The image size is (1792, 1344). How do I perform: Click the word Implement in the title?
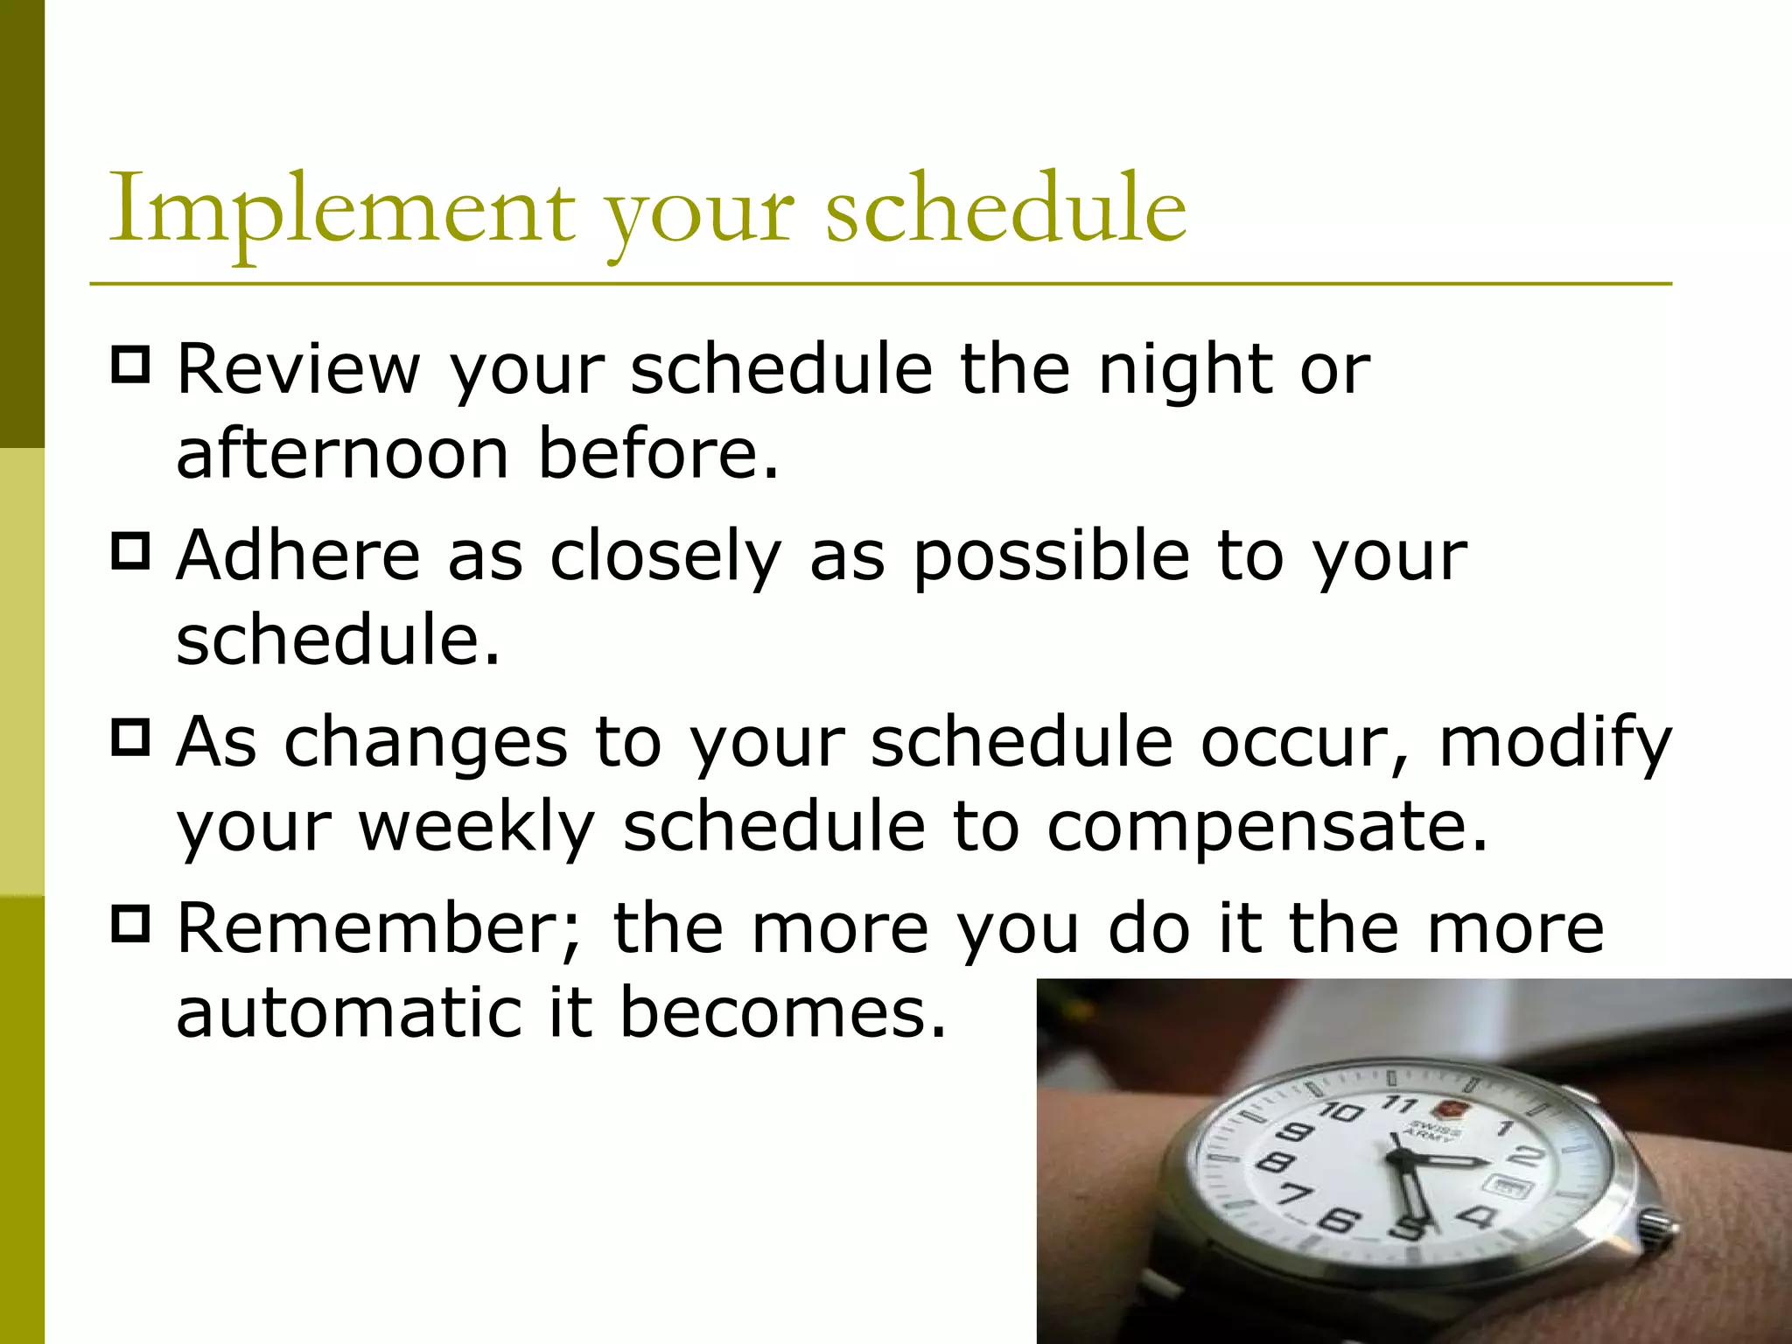tap(341, 210)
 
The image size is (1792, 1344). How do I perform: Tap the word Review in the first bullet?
tap(298, 369)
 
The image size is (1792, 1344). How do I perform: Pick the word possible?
tap(1051, 557)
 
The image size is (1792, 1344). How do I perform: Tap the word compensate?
tap(1266, 828)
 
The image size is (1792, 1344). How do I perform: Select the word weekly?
tap(476, 828)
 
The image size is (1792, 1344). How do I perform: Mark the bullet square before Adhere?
tap(130, 551)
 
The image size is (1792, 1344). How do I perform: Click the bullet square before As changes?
tap(130, 738)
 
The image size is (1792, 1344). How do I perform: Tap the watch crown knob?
tap(1656, 1223)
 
